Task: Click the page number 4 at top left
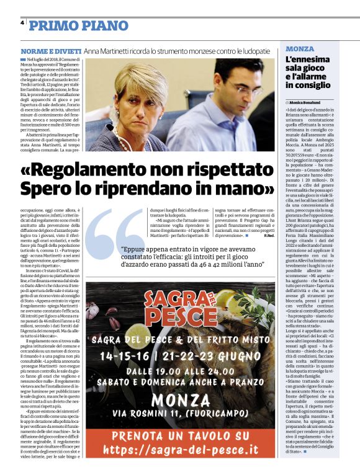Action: point(22,22)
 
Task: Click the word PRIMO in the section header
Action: point(53,25)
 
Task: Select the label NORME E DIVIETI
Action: point(51,50)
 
